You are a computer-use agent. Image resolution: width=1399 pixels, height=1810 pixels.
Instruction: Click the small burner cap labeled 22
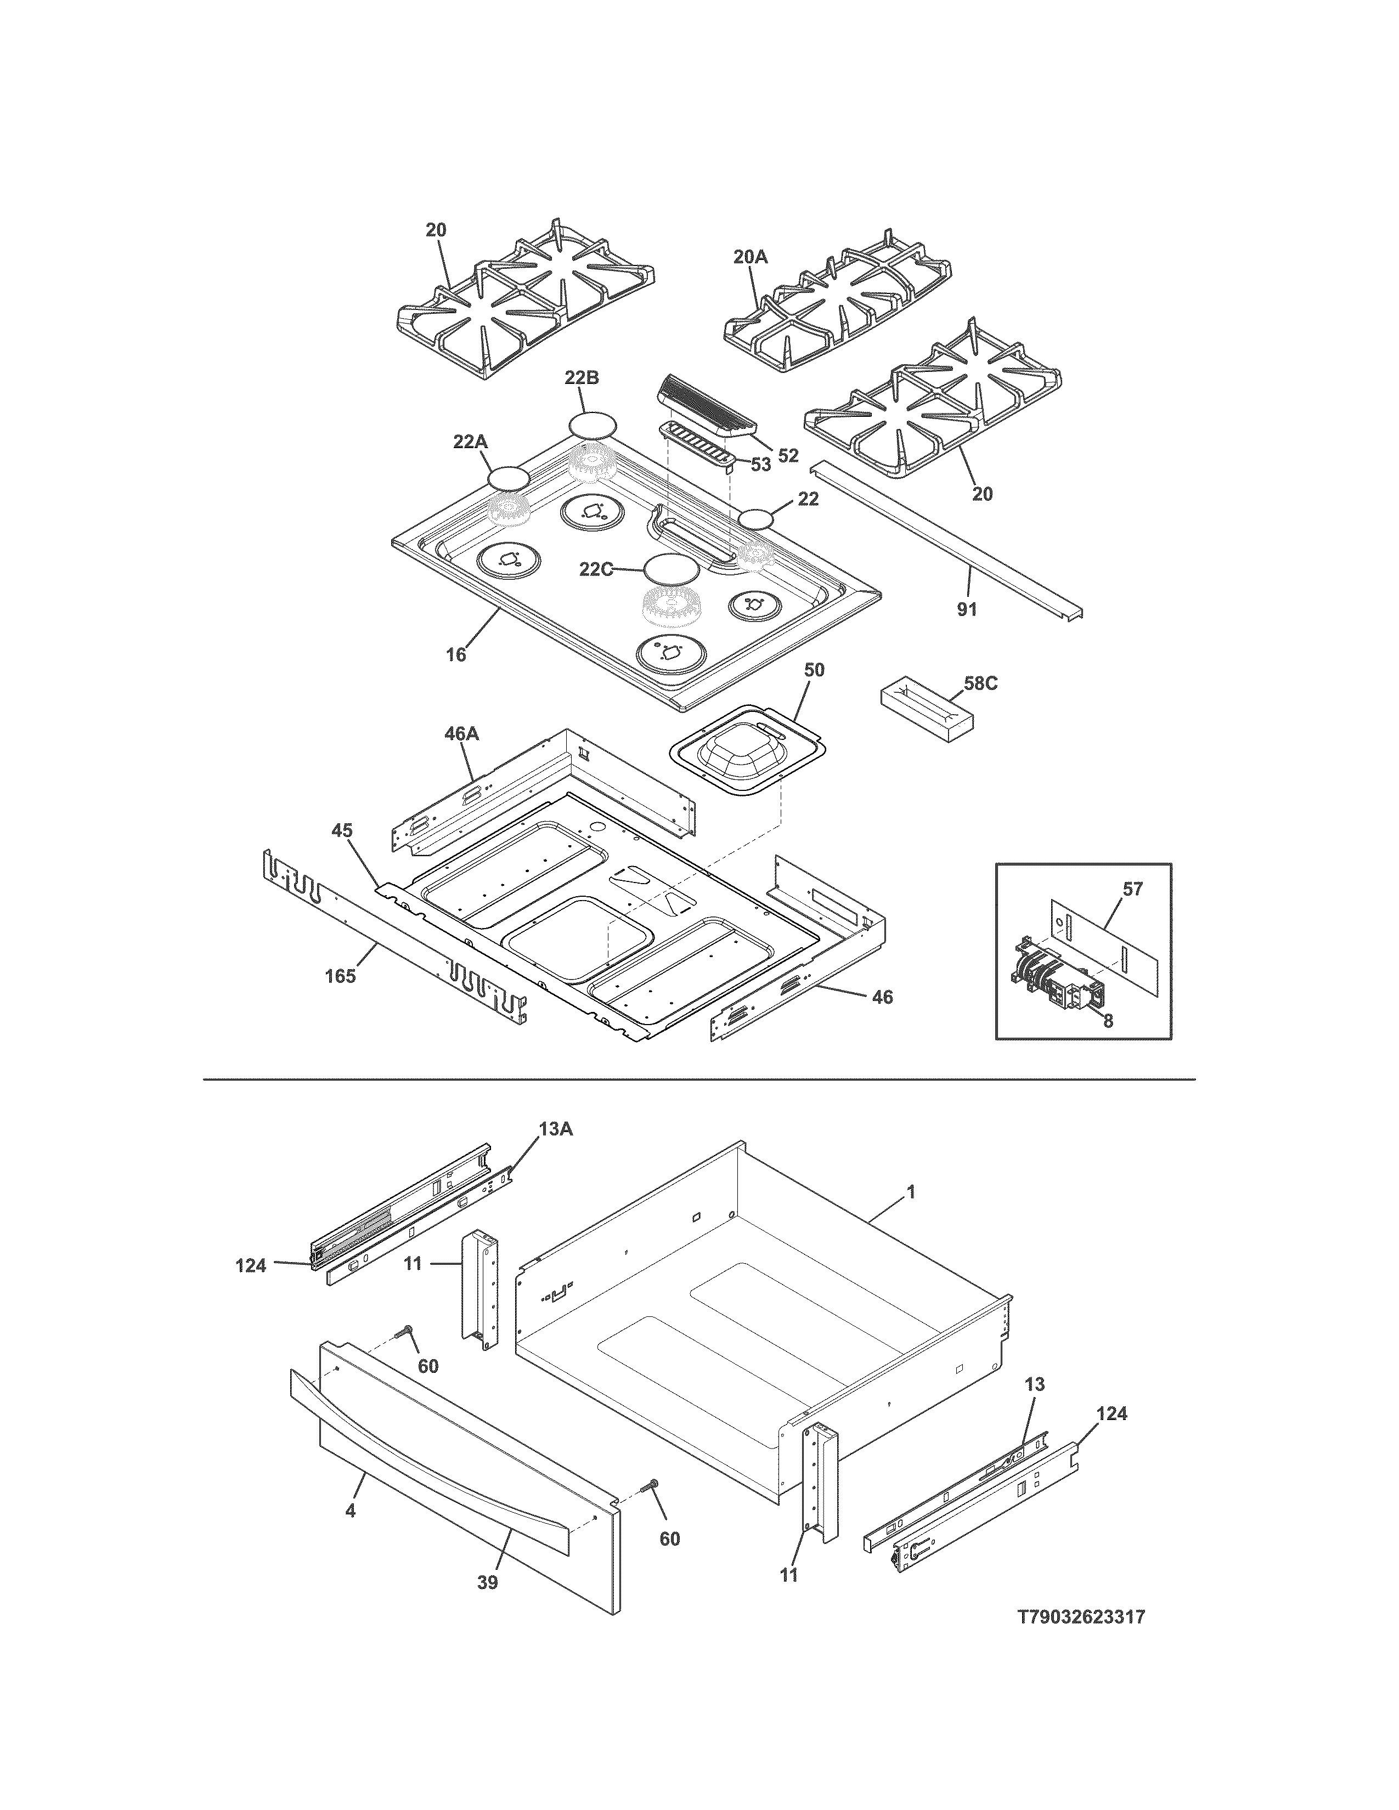click(x=756, y=519)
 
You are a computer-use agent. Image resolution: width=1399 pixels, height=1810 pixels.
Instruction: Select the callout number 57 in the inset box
click(x=1132, y=889)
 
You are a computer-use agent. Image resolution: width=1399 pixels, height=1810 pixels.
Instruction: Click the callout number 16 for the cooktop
click(x=456, y=655)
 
